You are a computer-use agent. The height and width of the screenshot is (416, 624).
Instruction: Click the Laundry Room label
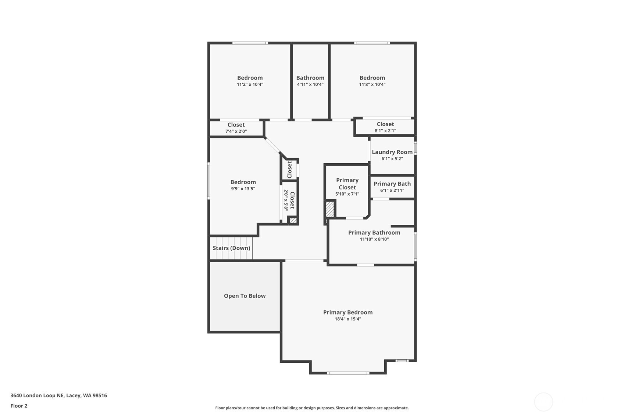click(392, 152)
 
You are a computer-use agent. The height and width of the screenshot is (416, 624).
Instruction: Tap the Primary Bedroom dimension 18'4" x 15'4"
click(347, 319)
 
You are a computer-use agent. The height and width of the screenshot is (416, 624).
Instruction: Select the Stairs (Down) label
click(231, 248)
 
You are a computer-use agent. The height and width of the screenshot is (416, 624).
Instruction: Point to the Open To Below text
click(245, 296)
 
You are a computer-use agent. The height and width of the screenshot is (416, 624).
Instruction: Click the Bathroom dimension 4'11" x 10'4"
click(310, 85)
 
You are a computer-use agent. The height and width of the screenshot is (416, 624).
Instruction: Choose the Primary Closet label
click(347, 184)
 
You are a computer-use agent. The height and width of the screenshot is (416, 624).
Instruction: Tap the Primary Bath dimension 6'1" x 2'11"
click(392, 190)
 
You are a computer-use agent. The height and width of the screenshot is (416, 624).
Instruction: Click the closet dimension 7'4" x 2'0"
click(236, 131)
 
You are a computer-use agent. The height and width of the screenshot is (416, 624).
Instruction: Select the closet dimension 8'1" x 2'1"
click(385, 131)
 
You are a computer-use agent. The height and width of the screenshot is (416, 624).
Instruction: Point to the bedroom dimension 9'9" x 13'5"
click(243, 189)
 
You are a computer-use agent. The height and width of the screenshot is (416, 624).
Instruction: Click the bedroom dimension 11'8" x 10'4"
click(372, 85)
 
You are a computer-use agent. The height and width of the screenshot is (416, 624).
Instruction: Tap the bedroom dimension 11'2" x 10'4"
click(250, 85)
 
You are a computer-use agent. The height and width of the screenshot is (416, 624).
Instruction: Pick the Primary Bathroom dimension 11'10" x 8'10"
click(374, 239)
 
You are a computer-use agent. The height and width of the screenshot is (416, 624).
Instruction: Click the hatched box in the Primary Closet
click(330, 209)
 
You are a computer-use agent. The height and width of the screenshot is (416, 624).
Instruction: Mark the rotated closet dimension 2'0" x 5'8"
click(286, 200)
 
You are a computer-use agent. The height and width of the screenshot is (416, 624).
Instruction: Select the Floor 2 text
click(19, 406)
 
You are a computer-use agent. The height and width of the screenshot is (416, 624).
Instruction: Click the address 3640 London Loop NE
click(37, 395)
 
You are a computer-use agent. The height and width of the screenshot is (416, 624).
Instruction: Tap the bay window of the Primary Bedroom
click(348, 373)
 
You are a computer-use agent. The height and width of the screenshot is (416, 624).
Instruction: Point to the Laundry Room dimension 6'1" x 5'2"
click(392, 159)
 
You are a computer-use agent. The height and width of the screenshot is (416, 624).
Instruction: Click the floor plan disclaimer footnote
click(312, 408)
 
